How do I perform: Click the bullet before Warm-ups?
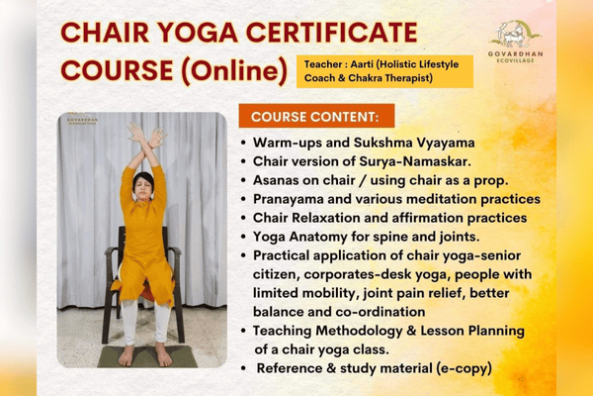[243, 145]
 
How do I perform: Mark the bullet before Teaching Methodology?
[243, 331]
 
